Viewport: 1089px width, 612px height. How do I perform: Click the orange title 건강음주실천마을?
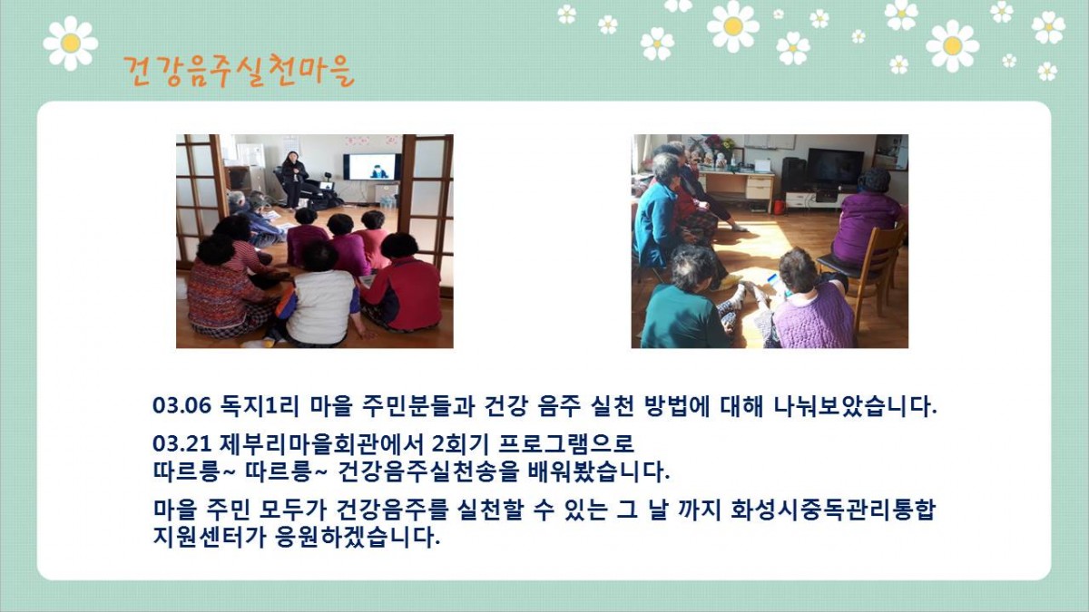click(x=239, y=71)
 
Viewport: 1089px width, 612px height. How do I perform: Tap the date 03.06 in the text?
click(x=182, y=405)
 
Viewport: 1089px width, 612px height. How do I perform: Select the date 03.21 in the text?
click(x=182, y=443)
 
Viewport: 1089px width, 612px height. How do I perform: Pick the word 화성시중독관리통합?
click(x=833, y=510)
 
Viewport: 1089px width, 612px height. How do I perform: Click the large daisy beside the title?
click(x=71, y=44)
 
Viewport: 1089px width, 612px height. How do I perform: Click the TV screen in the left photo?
click(x=372, y=167)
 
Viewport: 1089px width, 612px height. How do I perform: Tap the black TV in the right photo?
click(x=835, y=167)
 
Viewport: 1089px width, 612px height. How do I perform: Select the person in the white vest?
click(x=319, y=296)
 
